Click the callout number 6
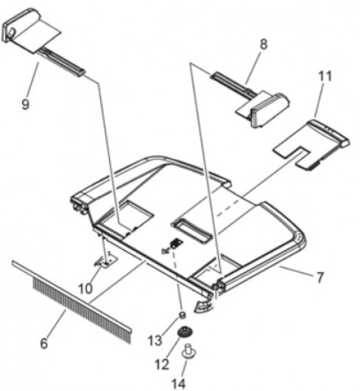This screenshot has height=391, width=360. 44,343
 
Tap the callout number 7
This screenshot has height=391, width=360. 320,277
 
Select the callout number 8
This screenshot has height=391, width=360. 263,44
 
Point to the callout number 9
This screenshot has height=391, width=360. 25,104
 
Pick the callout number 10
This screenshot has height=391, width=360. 86,288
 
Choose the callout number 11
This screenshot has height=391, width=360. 325,76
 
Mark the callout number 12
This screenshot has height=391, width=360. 162,364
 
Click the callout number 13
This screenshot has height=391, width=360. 155,340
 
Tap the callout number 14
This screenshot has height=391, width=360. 179,384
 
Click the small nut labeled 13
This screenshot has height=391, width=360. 183,315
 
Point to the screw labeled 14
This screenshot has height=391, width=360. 190,352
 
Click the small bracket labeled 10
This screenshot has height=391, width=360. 106,261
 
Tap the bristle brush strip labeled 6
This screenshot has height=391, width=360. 72,302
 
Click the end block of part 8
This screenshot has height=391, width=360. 270,110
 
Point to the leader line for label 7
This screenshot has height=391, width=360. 297,271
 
